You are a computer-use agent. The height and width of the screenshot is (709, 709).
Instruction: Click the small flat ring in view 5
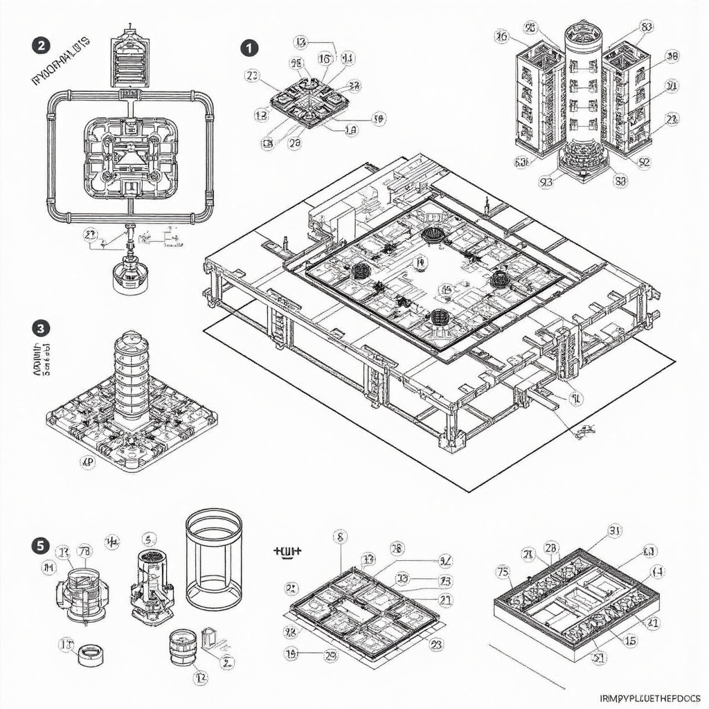(89, 654)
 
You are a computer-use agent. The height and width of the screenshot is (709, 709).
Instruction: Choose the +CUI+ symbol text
(288, 552)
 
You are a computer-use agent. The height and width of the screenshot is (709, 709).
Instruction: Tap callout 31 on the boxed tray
(614, 532)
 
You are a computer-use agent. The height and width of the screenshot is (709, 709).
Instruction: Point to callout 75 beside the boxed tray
(503, 572)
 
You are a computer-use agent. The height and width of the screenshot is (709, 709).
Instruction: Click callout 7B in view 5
(84, 551)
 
